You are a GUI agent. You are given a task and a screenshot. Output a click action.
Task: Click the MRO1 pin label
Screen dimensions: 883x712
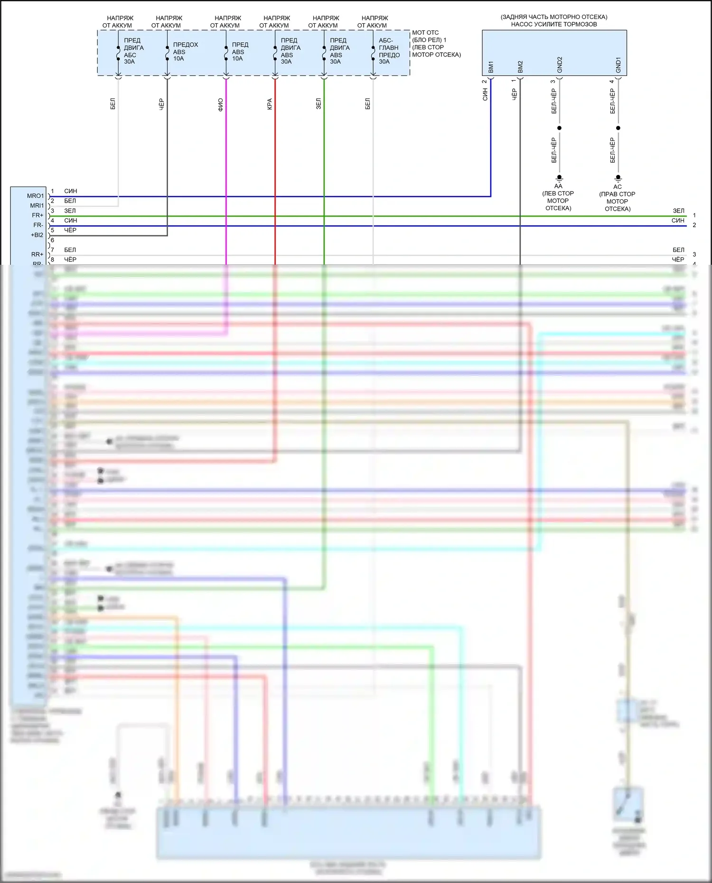point(35,196)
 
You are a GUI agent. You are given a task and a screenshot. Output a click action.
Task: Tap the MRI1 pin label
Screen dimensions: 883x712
point(37,206)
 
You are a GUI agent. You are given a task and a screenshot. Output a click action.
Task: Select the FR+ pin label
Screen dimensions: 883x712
point(37,215)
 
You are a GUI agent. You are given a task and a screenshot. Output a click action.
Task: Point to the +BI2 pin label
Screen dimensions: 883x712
point(37,235)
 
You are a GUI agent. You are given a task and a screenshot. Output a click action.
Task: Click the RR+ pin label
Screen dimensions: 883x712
point(37,255)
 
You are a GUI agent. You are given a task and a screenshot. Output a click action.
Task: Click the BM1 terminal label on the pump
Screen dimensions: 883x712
point(491,67)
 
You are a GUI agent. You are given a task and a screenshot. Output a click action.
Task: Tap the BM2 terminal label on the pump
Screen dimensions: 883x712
point(520,67)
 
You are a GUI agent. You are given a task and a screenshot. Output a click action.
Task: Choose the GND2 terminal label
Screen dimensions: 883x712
point(560,65)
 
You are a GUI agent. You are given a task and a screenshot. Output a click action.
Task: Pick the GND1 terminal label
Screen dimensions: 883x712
point(618,65)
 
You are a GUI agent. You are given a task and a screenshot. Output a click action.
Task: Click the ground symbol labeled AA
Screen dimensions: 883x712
point(559,178)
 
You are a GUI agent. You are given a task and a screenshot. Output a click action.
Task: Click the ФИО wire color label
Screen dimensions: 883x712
point(221,104)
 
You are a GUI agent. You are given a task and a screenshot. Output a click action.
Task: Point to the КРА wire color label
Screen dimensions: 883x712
point(270,104)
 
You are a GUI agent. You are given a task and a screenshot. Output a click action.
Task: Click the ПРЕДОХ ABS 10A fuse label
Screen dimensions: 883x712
point(185,52)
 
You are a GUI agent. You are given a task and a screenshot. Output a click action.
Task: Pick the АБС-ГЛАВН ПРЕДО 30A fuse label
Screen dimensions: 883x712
point(389,51)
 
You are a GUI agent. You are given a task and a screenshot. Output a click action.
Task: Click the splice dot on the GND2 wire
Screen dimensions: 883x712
point(559,128)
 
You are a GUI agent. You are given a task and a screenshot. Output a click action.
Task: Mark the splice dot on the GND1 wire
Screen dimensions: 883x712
point(618,128)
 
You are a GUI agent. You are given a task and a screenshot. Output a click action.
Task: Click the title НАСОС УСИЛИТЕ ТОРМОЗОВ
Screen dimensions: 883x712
point(554,24)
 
